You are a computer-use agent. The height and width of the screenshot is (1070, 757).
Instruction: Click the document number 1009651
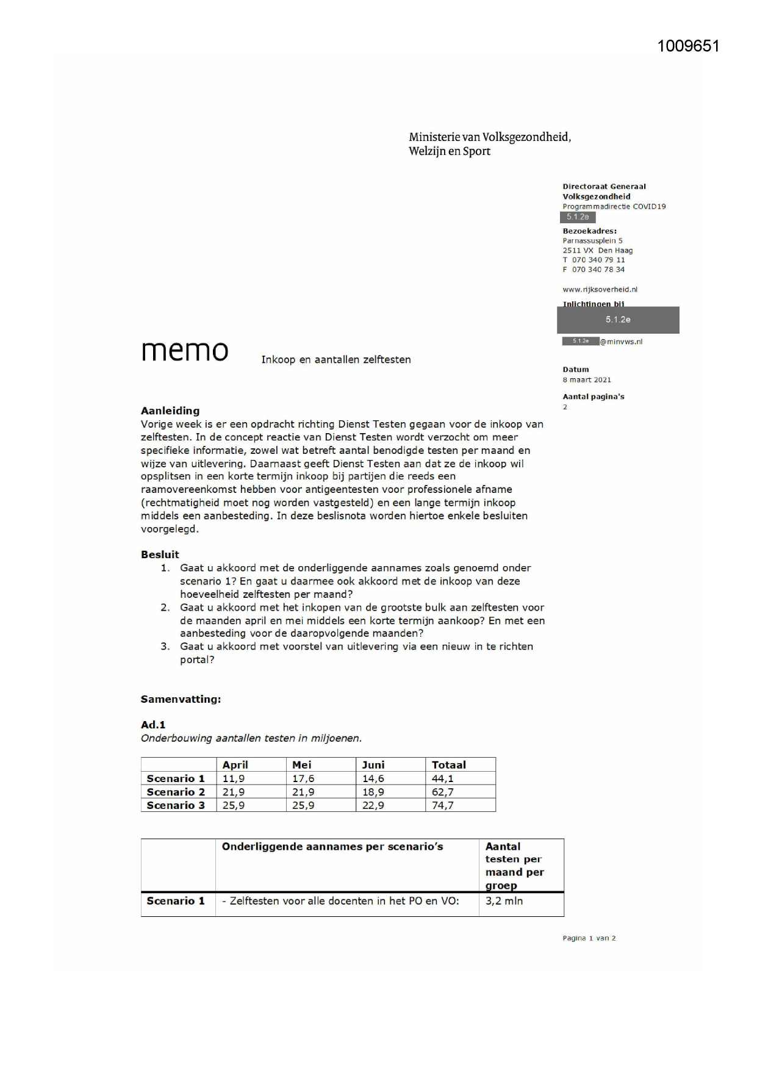[688, 46]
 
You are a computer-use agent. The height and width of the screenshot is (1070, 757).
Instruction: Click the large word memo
[184, 351]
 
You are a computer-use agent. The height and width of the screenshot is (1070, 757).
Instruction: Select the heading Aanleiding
[170, 411]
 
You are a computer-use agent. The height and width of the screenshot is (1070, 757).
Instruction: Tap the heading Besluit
[160, 555]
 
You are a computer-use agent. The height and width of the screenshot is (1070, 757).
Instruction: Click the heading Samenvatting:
[181, 699]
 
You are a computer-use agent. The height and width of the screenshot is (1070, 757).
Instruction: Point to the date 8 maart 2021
[586, 379]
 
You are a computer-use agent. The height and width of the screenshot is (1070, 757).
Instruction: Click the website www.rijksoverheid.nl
[600, 290]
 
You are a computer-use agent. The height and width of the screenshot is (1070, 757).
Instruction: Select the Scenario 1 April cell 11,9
[234, 778]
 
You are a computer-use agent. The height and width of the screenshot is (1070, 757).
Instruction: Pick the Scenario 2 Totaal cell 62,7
[442, 792]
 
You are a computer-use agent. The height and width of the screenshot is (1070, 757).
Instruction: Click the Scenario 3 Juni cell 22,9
[373, 805]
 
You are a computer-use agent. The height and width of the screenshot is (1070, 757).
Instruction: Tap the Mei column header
[302, 765]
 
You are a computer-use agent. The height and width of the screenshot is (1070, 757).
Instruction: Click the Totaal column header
[448, 765]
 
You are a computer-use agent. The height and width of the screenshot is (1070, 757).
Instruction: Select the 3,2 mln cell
[504, 901]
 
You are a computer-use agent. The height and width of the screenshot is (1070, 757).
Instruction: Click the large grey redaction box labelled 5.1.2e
[617, 320]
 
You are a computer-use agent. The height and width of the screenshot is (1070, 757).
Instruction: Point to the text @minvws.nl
[621, 342]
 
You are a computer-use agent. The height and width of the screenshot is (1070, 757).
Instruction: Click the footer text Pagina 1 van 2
[589, 938]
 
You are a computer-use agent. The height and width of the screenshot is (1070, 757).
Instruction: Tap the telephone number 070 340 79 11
[598, 260]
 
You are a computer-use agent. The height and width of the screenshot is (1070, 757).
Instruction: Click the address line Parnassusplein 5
[592, 240]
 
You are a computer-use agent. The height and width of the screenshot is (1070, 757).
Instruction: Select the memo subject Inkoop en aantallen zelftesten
[336, 360]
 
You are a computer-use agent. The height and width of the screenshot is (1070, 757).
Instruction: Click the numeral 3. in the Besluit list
[165, 646]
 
